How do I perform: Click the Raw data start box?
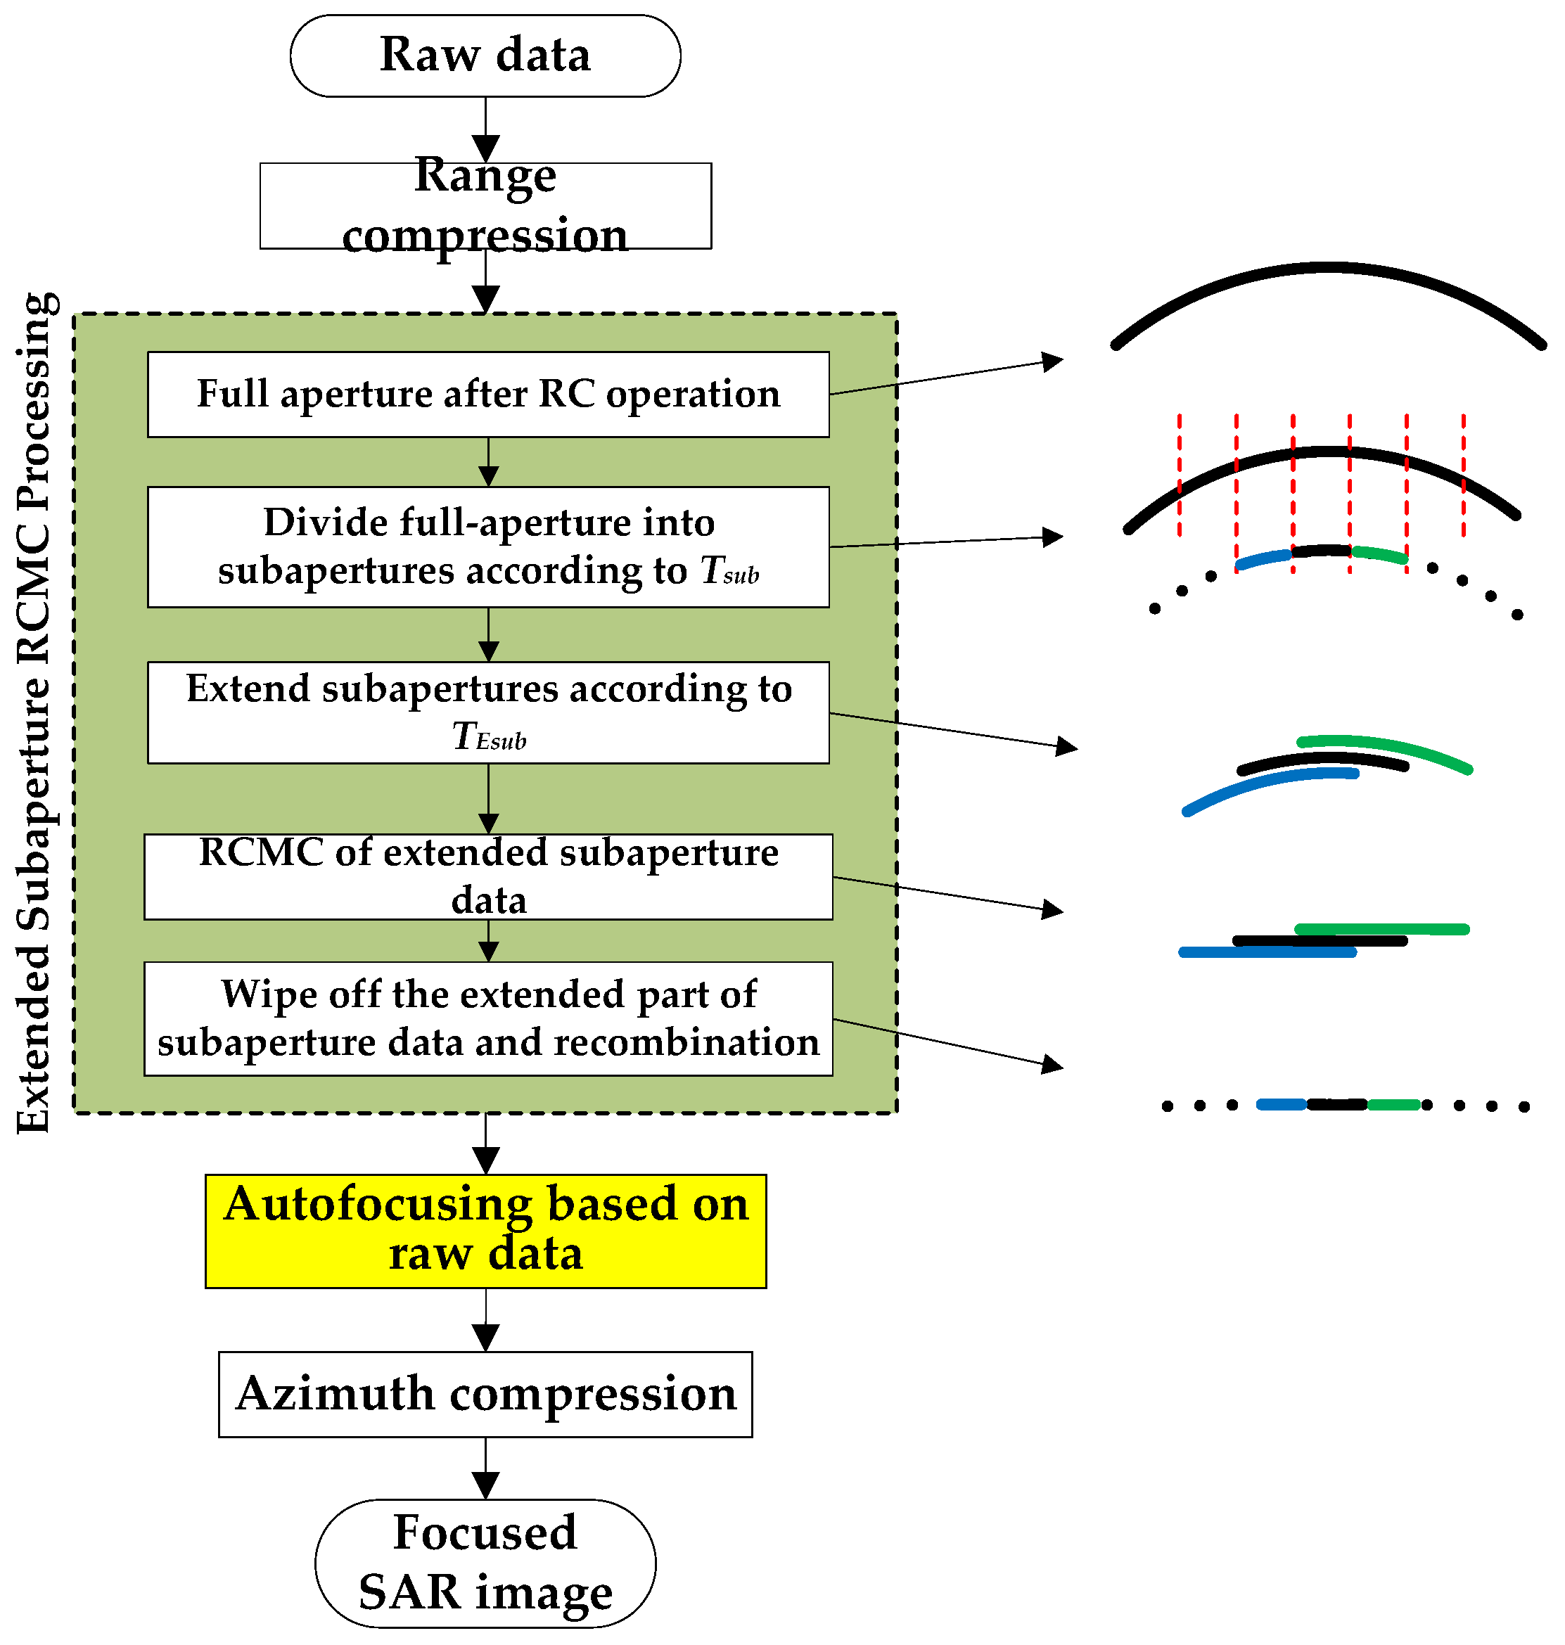485,55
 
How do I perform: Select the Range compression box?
485,206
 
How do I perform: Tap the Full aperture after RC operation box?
488,394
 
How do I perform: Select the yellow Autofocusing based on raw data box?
485,1231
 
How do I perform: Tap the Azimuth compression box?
485,1394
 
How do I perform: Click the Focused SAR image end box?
485,1563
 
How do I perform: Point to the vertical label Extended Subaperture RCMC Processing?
35,713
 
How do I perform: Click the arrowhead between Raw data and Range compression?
485,148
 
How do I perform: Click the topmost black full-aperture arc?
1328,269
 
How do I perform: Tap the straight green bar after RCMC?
1382,929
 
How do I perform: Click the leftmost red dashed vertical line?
1180,475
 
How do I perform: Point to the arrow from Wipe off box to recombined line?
951,1044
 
